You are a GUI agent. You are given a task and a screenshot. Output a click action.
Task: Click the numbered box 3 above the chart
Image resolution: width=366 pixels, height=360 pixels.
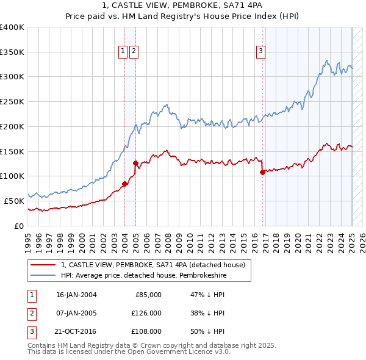pyautogui.click(x=260, y=51)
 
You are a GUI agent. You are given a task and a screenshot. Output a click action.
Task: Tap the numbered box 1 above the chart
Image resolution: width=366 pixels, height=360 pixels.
pyautogui.click(x=123, y=51)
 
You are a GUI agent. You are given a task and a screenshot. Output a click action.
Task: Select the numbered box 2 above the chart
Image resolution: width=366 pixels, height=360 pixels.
pyautogui.click(x=134, y=51)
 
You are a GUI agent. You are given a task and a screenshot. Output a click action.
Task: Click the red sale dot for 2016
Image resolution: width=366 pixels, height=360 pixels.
pyautogui.click(x=263, y=172)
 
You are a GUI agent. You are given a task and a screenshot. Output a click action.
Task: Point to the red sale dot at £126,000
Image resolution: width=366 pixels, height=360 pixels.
pyautogui.click(x=135, y=163)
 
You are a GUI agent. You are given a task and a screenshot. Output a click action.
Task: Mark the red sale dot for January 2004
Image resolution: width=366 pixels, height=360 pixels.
pyautogui.click(x=124, y=183)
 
